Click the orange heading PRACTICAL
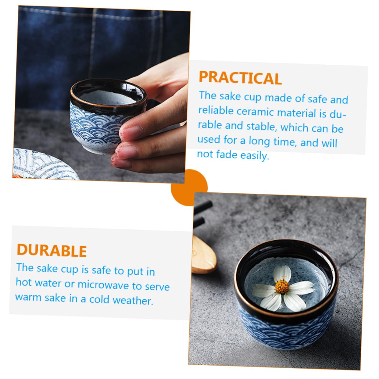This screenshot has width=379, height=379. coord(240,78)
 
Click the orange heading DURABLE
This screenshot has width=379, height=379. coord(52,251)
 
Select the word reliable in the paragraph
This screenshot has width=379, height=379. coord(216,110)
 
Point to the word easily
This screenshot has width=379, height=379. coord(255,156)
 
